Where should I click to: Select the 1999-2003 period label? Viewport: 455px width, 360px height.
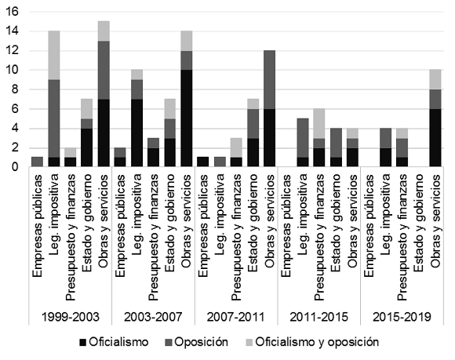(x=71, y=317)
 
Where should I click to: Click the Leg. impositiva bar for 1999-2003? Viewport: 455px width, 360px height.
(x=54, y=99)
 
